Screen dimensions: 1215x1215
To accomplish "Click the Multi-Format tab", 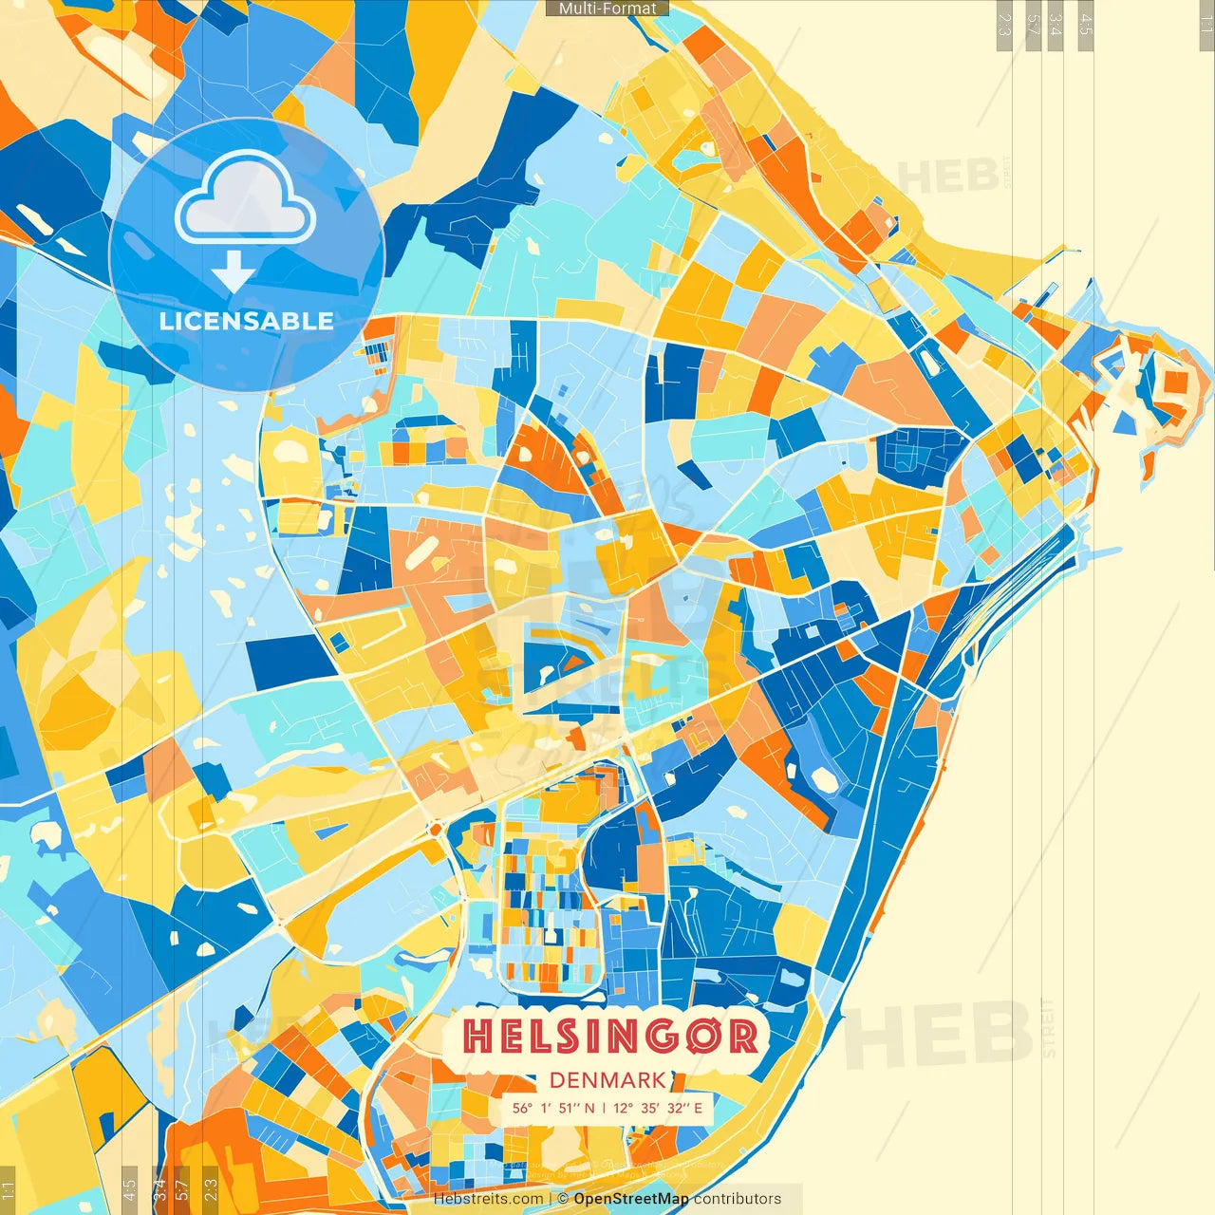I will click(607, 9).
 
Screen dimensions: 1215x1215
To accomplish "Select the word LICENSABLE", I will click(246, 321).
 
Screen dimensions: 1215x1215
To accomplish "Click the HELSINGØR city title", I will click(611, 1037).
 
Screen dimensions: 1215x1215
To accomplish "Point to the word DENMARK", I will click(607, 1080).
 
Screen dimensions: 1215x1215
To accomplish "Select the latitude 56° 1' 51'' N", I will click(553, 1108).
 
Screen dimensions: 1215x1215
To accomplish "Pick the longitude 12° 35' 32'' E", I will click(657, 1108).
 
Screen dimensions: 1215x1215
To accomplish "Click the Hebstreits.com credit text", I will click(488, 1199).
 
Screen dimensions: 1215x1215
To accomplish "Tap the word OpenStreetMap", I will click(631, 1199).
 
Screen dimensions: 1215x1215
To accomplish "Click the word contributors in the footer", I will click(738, 1199).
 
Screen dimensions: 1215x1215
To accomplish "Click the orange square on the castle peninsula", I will click(1175, 383).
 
